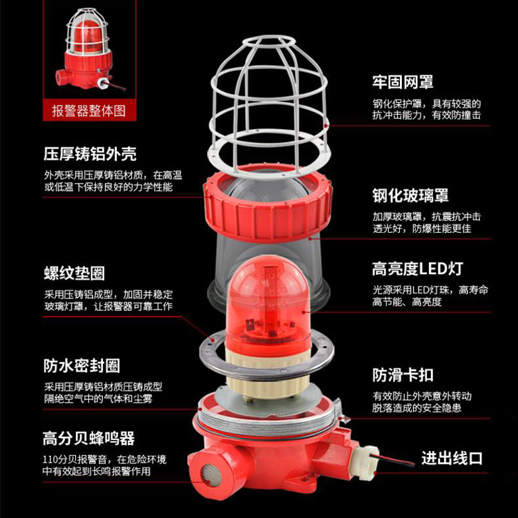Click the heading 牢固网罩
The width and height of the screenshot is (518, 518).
[403, 81]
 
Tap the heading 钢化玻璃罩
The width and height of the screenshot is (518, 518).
[410, 195]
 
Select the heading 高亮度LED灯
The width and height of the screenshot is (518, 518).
[418, 269]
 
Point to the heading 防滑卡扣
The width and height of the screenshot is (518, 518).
[403, 375]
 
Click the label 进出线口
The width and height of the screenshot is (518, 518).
[452, 458]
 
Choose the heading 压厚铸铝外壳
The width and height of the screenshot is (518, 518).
[90, 154]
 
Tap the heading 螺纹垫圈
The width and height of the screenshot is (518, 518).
[75, 274]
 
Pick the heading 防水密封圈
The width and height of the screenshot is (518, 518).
[81, 365]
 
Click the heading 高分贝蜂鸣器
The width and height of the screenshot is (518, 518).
[89, 439]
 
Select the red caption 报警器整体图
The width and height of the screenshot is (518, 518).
[89, 111]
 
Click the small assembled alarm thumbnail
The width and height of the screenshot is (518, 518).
[88, 50]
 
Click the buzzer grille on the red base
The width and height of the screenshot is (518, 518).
[211, 474]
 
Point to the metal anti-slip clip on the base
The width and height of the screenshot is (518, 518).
[341, 412]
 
